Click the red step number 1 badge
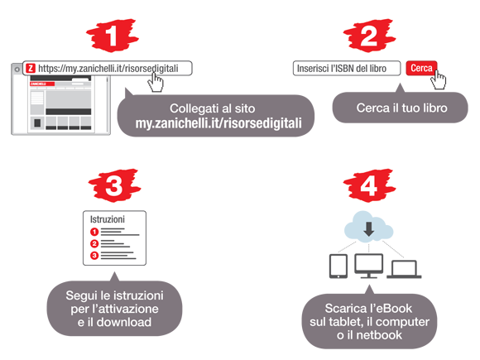tap(112, 36)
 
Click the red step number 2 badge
tap(369, 36)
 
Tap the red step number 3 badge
tap(114, 185)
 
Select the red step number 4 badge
tap(369, 185)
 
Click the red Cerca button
tap(421, 68)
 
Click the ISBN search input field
tap(347, 68)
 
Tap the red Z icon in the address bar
tap(31, 68)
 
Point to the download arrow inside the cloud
tap(369, 228)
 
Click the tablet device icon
tap(338, 266)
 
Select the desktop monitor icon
tap(368, 266)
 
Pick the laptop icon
tap(404, 269)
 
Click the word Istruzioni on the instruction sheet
tap(108, 219)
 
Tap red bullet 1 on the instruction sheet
tap(94, 232)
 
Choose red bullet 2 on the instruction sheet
tap(94, 243)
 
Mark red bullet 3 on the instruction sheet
tap(94, 255)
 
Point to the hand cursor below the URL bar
tap(156, 82)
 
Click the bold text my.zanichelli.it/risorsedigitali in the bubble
tap(218, 123)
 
